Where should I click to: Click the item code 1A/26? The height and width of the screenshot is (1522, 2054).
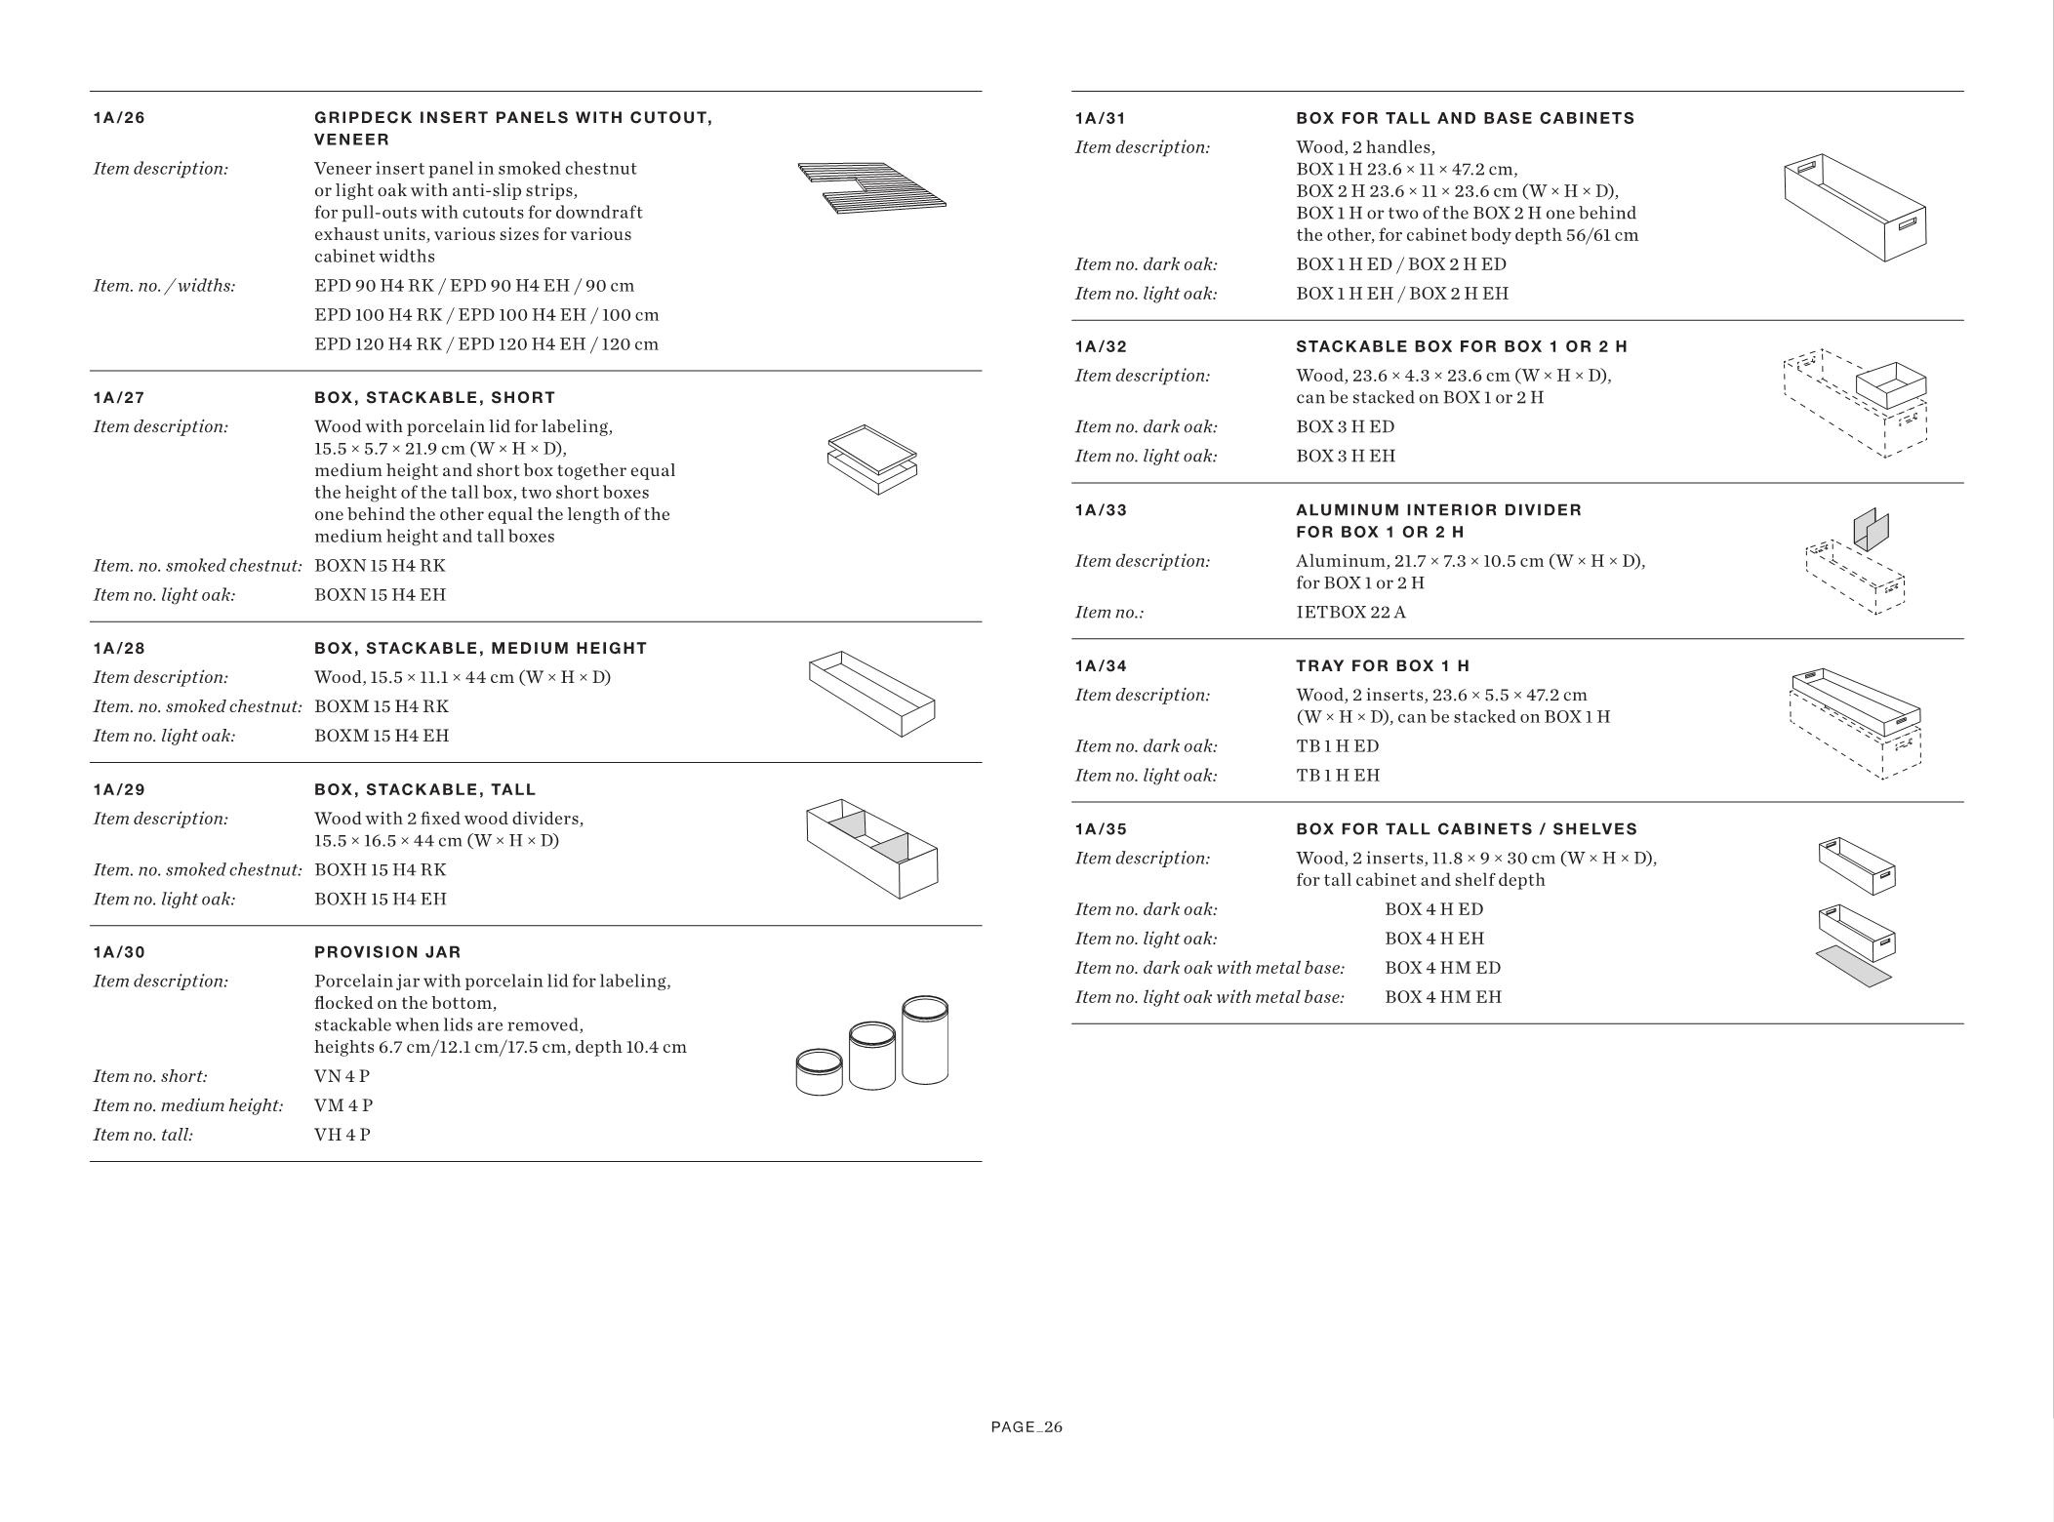(x=119, y=118)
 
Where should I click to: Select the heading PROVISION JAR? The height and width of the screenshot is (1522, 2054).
(x=387, y=952)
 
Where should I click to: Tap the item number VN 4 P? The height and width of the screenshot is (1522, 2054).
(x=342, y=1076)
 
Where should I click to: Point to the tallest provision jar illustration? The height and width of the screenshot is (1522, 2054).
(x=925, y=1040)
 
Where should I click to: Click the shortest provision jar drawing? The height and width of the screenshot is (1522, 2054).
(x=819, y=1072)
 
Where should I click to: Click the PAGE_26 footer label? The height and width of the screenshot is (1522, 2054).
(x=1027, y=1427)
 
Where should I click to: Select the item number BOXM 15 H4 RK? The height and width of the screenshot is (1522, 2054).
(x=382, y=706)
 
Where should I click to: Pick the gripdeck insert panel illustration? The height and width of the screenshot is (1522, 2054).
(x=871, y=187)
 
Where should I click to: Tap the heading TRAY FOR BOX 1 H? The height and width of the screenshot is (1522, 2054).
(x=1383, y=666)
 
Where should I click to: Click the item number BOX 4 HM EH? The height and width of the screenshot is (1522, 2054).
(x=1442, y=997)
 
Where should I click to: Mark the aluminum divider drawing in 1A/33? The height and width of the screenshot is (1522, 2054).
(x=1871, y=530)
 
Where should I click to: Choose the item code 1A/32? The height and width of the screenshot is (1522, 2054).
(x=1101, y=346)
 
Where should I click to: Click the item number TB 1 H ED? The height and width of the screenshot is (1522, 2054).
(x=1337, y=746)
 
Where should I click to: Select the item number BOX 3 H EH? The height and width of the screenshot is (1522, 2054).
(x=1346, y=456)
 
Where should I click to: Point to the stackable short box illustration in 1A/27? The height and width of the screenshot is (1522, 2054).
(x=872, y=459)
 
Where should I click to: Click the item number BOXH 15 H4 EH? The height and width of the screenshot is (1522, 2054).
(x=381, y=899)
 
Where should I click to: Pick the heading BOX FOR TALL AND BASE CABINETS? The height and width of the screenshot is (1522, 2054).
(x=1465, y=118)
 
